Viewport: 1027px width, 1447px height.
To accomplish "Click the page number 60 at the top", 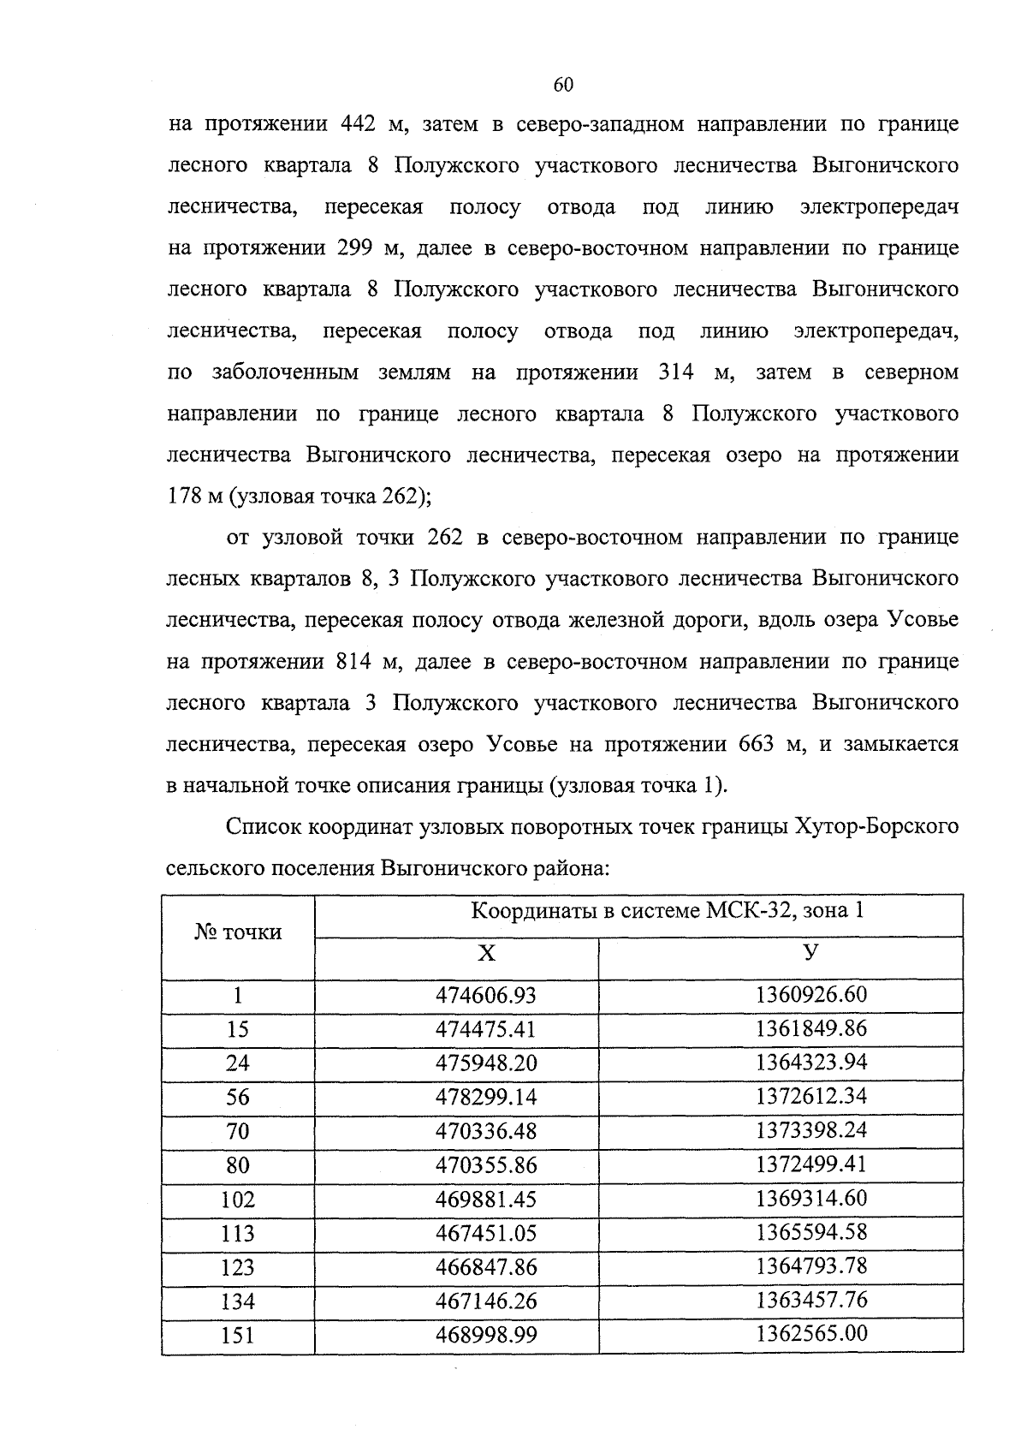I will click(x=562, y=84).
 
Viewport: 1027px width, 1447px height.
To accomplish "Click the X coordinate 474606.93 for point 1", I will click(x=485, y=995).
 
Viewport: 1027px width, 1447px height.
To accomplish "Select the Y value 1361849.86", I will click(x=811, y=1028).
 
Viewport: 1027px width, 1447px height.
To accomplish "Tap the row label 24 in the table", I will click(x=237, y=1063).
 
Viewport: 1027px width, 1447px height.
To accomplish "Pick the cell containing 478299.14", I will click(x=485, y=1097).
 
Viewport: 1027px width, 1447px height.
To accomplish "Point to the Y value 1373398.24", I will click(x=811, y=1130).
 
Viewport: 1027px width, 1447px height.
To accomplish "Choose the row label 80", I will click(x=237, y=1165).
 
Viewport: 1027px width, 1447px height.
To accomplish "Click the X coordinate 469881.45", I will click(x=485, y=1200).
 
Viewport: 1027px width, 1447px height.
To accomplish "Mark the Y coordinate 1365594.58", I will click(x=811, y=1232).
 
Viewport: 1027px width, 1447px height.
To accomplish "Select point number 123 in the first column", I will click(x=237, y=1267).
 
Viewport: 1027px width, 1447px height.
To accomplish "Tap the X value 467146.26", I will click(x=485, y=1301).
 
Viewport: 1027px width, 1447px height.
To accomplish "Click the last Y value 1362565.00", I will click(x=811, y=1333).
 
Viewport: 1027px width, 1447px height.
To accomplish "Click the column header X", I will click(x=485, y=953).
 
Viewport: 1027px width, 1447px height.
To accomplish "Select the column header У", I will click(x=811, y=953).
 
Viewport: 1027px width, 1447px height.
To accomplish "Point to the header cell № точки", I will click(x=238, y=932).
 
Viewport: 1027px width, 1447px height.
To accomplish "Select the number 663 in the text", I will click(x=757, y=744).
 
